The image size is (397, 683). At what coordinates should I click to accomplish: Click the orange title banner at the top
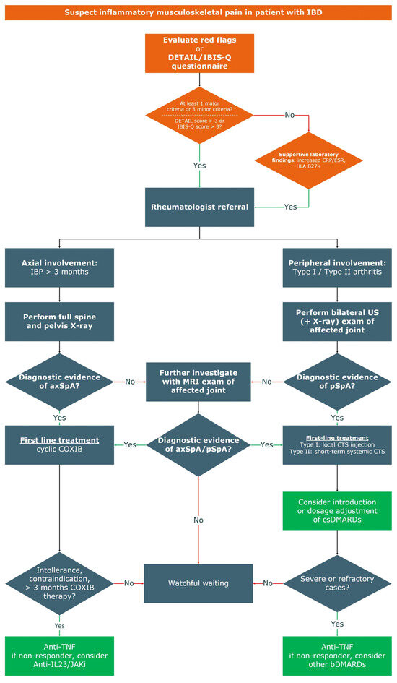tap(198, 12)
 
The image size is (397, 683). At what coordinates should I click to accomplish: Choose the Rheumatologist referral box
tap(198, 207)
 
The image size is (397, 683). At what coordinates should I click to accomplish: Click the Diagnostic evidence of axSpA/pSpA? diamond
tap(198, 444)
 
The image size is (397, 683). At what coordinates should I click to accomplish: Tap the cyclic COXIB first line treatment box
tap(58, 444)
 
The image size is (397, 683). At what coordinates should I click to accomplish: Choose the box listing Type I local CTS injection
tap(337, 444)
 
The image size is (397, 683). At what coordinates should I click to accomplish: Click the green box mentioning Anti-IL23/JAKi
tap(58, 655)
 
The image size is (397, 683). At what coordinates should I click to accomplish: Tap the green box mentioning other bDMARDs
tap(337, 655)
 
